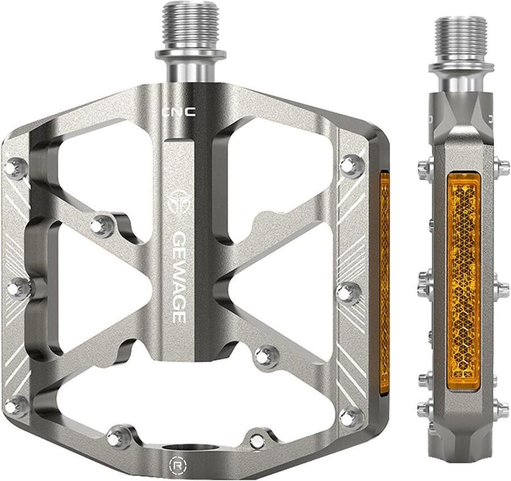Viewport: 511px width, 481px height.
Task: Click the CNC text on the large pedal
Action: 179,113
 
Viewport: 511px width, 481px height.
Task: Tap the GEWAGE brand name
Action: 179,277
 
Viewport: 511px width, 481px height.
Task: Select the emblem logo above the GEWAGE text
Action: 179,202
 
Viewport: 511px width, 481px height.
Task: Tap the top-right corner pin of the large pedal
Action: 351,164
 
